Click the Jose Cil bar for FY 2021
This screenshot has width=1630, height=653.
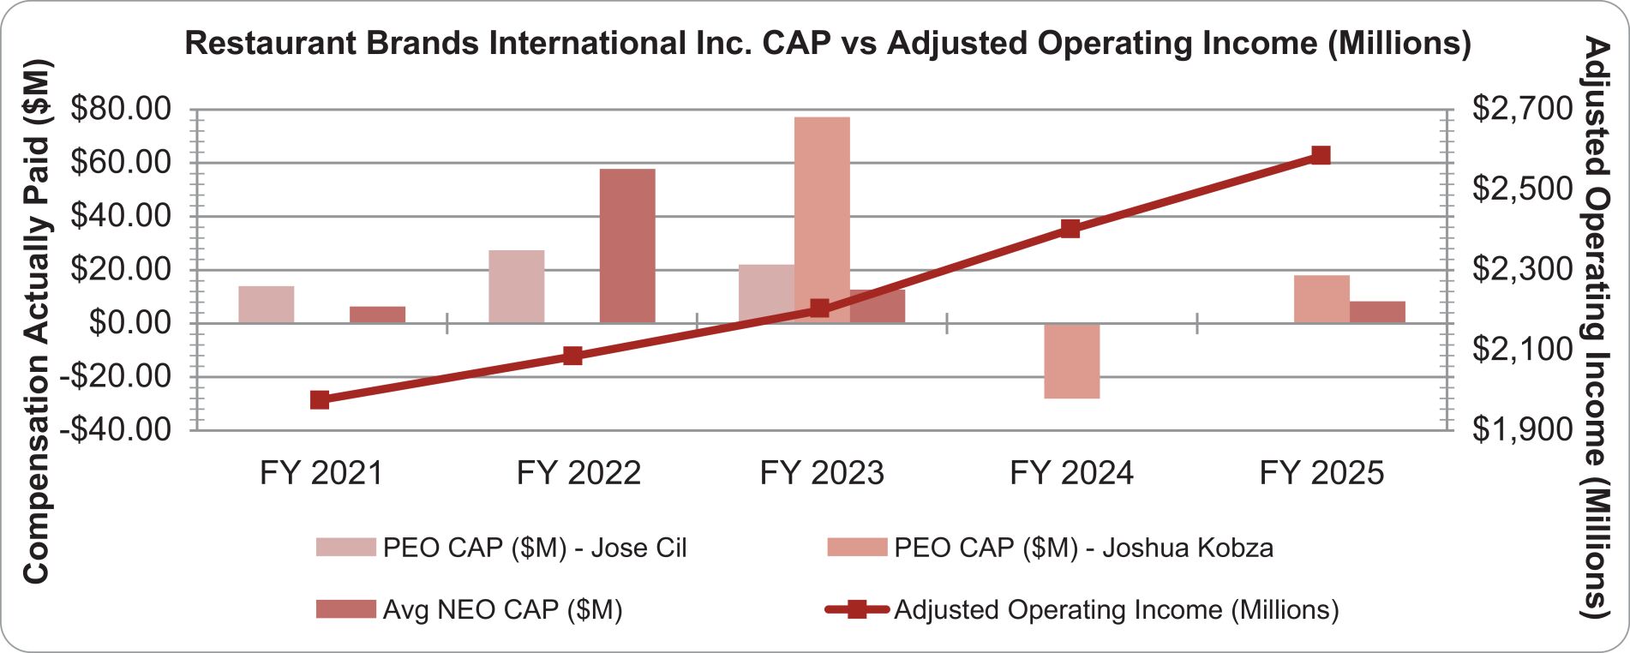267,304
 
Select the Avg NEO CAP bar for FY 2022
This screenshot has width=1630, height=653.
627,246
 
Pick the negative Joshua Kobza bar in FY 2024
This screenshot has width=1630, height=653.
1072,361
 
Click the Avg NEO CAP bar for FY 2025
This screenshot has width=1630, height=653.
1377,312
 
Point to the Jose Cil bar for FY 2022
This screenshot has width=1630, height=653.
517,286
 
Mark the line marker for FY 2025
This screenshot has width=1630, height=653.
1321,155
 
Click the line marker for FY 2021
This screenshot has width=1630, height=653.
320,399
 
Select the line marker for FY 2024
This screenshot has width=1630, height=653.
1070,229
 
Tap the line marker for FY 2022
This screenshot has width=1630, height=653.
572,356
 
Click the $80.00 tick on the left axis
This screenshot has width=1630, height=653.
121,109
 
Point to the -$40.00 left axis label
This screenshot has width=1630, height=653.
116,428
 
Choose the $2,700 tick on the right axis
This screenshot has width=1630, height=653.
1522,109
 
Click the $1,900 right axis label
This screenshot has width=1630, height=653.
1522,428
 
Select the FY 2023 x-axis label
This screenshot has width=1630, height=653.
822,473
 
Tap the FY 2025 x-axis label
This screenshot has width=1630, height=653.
1321,473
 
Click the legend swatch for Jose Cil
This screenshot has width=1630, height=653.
345,548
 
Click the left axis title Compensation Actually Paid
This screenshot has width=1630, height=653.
36,321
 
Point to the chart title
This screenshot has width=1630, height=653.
828,43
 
